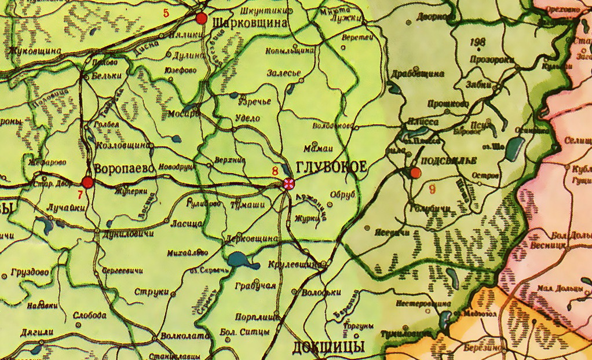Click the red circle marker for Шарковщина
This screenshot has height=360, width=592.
pyautogui.click(x=202, y=19)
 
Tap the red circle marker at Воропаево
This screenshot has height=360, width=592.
pyautogui.click(x=87, y=183)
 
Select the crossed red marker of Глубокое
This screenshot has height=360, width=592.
pyautogui.click(x=288, y=184)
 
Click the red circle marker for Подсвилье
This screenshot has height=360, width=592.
pyautogui.click(x=415, y=172)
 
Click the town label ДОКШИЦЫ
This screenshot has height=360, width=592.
pyautogui.click(x=328, y=347)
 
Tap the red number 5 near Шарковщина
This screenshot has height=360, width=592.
pyautogui.click(x=166, y=13)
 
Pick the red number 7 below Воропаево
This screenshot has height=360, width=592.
pyautogui.click(x=81, y=194)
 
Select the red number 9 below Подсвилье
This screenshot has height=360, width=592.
pyautogui.click(x=432, y=188)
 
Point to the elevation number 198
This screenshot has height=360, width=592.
pyautogui.click(x=478, y=42)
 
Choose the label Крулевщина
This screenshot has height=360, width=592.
pyautogui.click(x=294, y=265)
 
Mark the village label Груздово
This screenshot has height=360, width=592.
pyautogui.click(x=29, y=271)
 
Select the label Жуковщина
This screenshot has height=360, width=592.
pyautogui.click(x=35, y=51)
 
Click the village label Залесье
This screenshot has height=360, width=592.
pyautogui.click(x=283, y=73)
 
